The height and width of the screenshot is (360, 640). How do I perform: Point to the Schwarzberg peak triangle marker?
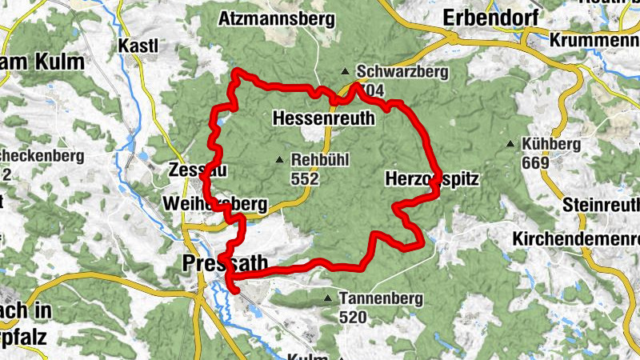pyautogui.click(x=345, y=70)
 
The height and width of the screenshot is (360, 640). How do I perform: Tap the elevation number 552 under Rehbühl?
pyautogui.click(x=305, y=180)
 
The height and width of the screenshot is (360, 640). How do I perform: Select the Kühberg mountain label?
pyautogui.click(x=550, y=144)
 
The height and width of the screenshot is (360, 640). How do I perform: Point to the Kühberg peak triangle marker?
pyautogui.click(x=510, y=144)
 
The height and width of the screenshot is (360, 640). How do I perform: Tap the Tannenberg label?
pyautogui.click(x=375, y=298)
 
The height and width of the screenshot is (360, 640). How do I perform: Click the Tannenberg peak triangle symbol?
pyautogui.click(x=327, y=299)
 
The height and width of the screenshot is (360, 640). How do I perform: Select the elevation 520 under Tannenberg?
pyautogui.click(x=353, y=318)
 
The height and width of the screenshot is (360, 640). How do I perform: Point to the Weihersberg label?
pyautogui.click(x=214, y=205)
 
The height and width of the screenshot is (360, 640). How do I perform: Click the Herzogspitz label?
pyautogui.click(x=431, y=179)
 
